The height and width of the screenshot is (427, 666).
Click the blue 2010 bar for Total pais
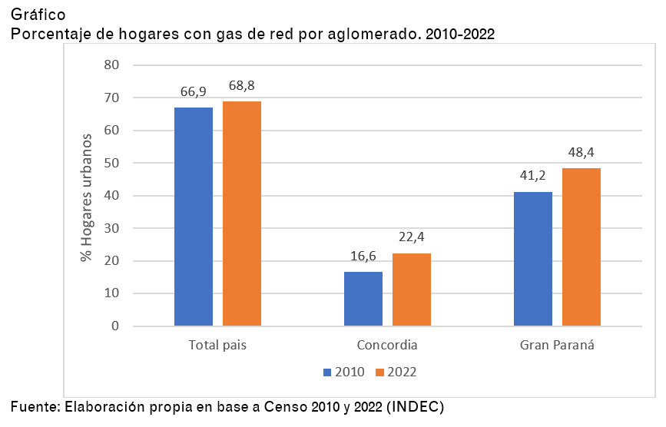click(x=194, y=217)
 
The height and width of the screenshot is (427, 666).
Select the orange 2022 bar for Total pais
click(x=242, y=213)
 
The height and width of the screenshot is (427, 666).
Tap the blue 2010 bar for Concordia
click(x=363, y=299)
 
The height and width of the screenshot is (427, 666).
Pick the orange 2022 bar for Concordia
click(x=412, y=290)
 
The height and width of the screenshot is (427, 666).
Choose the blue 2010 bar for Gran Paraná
click(x=533, y=259)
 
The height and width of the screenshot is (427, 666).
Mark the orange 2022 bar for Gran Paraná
click(x=582, y=247)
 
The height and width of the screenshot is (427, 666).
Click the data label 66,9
click(x=194, y=92)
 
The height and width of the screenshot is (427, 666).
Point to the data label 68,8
click(x=242, y=85)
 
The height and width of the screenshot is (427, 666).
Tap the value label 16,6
click(x=363, y=257)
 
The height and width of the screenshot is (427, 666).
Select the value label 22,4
click(x=412, y=237)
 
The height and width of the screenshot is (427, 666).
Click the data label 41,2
click(x=533, y=176)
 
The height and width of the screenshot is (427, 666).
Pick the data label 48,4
click(x=582, y=152)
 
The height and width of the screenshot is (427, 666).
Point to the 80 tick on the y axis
click(x=112, y=65)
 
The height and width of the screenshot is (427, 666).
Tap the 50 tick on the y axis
click(x=112, y=163)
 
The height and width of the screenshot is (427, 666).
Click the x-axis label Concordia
click(x=387, y=345)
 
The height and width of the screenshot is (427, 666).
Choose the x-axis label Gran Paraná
click(x=557, y=345)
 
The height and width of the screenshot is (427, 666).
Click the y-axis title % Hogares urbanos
click(x=87, y=197)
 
